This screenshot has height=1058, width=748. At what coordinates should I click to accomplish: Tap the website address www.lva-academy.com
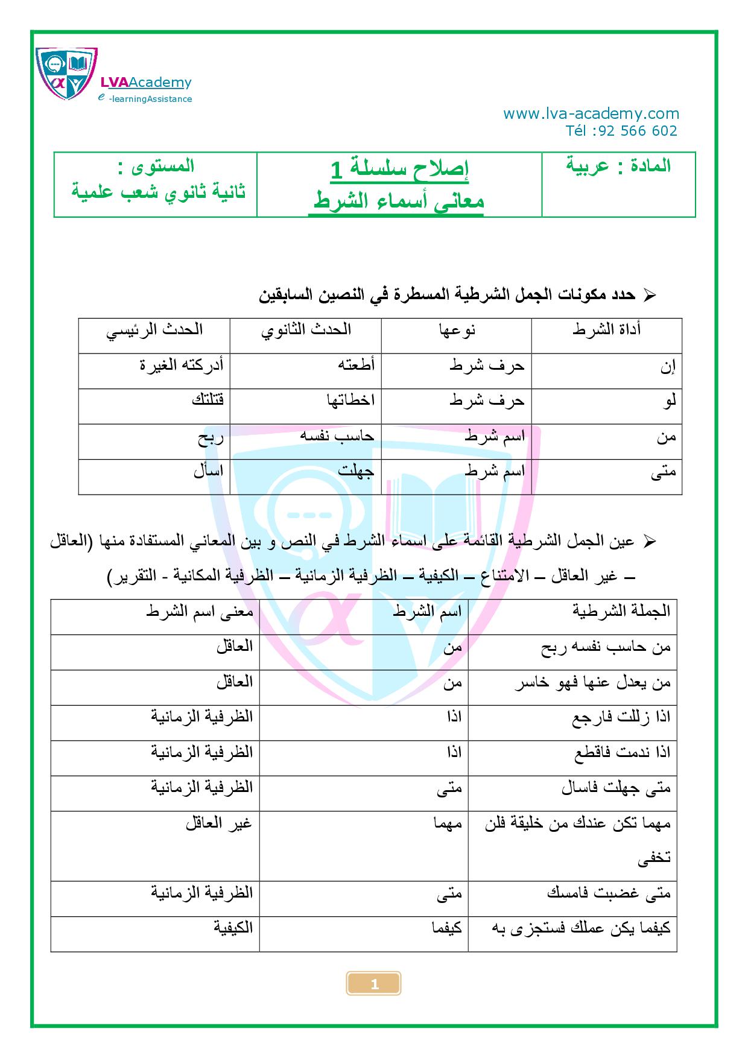tap(591, 114)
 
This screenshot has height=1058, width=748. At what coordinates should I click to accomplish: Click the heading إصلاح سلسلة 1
tap(399, 169)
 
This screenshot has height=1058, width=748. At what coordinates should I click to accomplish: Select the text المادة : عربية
tap(618, 166)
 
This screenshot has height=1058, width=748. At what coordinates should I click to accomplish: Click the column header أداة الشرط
tap(606, 329)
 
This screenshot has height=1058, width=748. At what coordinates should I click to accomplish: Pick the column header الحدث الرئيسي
tap(154, 329)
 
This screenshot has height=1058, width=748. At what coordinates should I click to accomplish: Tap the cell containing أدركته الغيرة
tap(182, 365)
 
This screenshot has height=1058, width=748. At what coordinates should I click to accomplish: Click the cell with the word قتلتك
tap(208, 401)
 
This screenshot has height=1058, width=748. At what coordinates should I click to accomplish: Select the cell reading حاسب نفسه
tap(337, 436)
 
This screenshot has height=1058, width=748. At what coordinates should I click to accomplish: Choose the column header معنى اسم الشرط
tap(200, 611)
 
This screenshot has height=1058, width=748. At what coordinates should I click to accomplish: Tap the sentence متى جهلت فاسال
tap(616, 788)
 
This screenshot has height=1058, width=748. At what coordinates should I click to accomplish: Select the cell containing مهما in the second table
tap(447, 823)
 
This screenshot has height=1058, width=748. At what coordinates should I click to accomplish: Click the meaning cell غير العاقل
tap(218, 823)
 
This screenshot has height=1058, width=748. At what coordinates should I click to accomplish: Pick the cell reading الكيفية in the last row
tap(233, 928)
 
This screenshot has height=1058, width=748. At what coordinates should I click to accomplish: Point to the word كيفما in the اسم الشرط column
tap(447, 928)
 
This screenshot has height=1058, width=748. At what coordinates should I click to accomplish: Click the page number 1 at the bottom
tap(374, 984)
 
